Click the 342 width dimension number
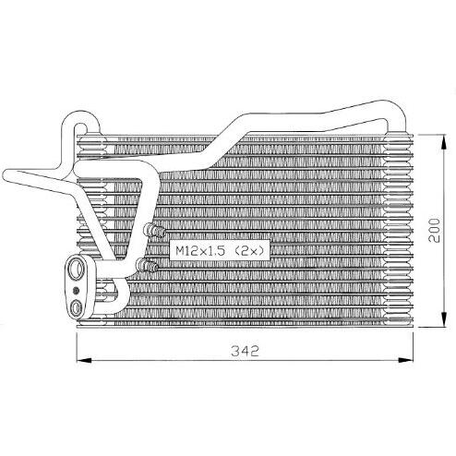245,351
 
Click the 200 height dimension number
434,230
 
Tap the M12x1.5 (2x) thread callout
220,251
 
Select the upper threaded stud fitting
154,231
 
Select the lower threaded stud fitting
147,265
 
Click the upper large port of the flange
77,269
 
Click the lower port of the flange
76,307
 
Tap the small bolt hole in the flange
76,290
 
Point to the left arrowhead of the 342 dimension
84,360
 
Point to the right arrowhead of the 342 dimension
405,360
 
